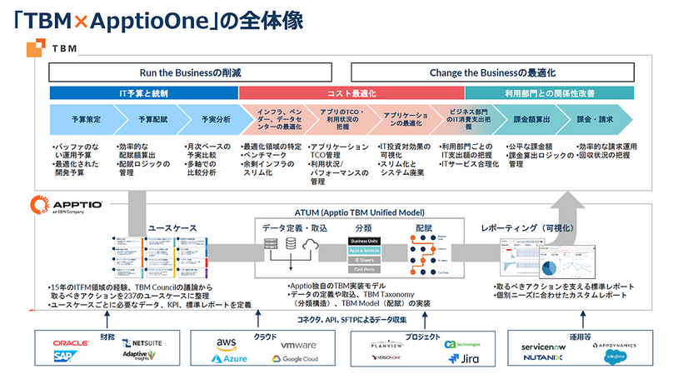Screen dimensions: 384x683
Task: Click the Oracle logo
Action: [x=71, y=343]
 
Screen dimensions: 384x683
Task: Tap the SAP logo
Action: [x=63, y=357]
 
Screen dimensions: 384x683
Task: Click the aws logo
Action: [x=226, y=343]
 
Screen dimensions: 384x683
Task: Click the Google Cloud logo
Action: [x=294, y=359]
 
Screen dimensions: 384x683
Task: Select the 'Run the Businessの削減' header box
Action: [x=191, y=72]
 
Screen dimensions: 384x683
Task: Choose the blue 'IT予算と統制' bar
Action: [x=143, y=92]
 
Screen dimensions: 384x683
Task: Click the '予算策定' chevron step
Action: [x=81, y=119]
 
